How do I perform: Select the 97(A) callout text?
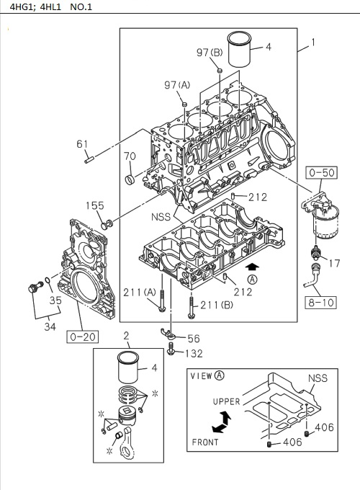click(176, 86)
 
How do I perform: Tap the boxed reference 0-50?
click(321, 172)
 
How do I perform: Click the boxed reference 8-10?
click(321, 303)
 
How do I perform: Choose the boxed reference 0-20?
click(83, 335)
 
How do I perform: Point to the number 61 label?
click(83, 144)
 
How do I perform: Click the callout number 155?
click(96, 205)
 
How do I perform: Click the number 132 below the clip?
click(192, 353)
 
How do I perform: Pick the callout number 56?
click(194, 337)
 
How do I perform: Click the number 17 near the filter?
click(333, 264)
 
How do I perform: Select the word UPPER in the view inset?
click(226, 401)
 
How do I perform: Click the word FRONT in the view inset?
click(206, 441)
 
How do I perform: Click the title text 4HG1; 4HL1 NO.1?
click(48, 8)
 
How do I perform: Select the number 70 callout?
click(130, 156)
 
